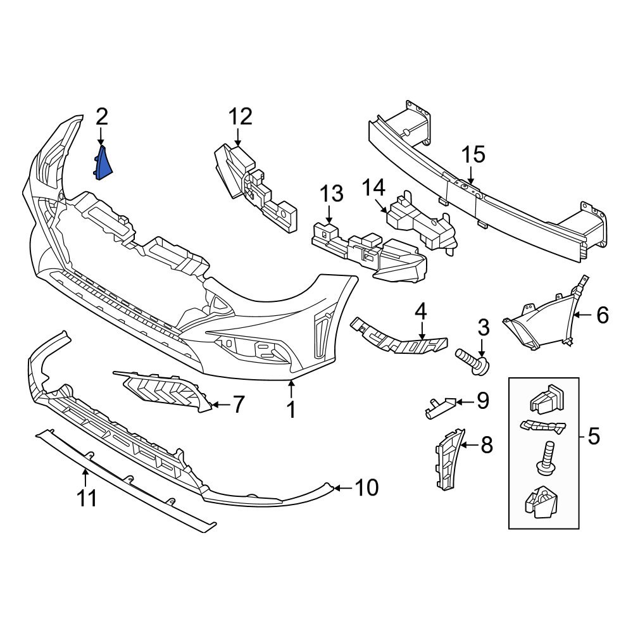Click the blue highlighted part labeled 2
[x=104, y=164]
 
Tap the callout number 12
[x=240, y=116]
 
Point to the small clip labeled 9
[x=438, y=406]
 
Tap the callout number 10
[x=367, y=487]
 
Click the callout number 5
[x=593, y=436]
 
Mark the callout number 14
[x=373, y=187]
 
